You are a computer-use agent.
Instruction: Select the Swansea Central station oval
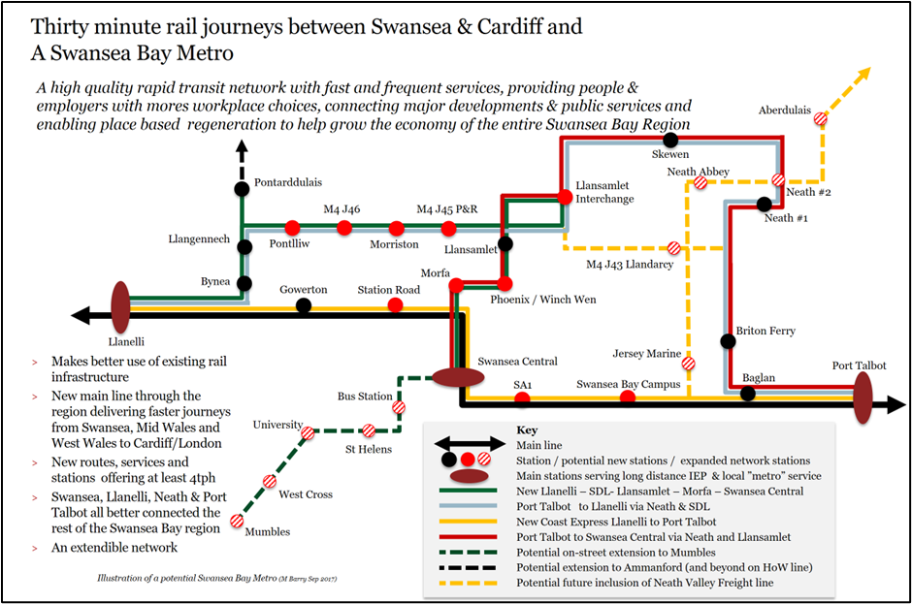(x=459, y=377)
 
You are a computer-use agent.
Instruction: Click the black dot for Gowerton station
(x=304, y=306)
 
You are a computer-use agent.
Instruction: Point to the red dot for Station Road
(x=395, y=306)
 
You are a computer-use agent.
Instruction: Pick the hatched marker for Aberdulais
(x=821, y=118)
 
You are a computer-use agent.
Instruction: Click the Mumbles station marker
(x=238, y=522)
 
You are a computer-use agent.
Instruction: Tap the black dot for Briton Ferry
(x=728, y=341)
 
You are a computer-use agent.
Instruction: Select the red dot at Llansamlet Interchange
(x=564, y=197)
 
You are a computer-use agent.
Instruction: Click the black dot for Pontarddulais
(x=243, y=187)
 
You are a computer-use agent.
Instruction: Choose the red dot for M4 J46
(x=343, y=229)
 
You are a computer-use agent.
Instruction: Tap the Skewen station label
(x=670, y=155)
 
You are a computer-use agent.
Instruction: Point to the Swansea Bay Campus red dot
(x=628, y=397)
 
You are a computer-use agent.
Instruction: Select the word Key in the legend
(x=527, y=429)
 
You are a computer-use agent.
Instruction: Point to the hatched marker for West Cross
(x=269, y=482)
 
